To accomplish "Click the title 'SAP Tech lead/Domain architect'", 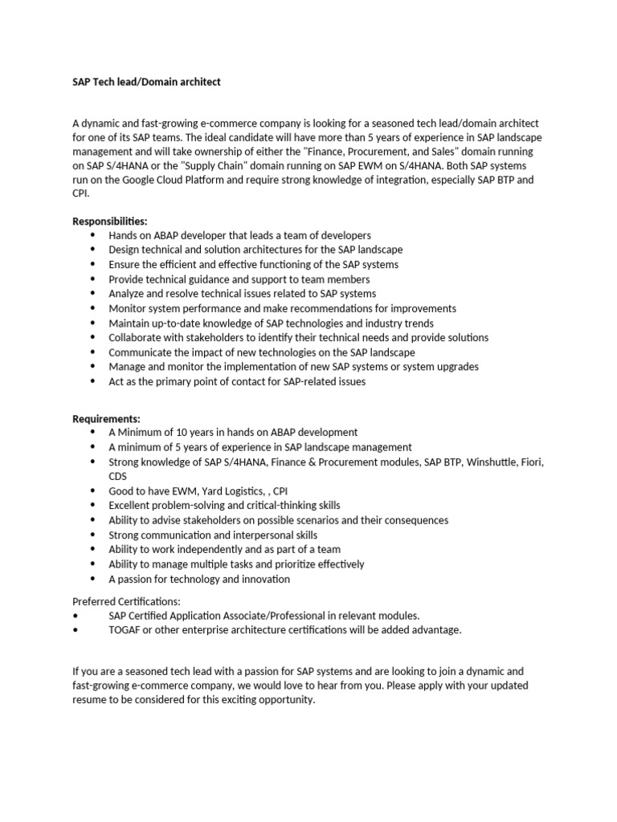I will pyautogui.click(x=146, y=82).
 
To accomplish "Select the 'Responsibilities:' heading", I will pyautogui.click(x=110, y=221).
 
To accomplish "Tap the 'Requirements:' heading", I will pyautogui.click(x=106, y=418).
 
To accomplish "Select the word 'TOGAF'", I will pyautogui.click(x=125, y=630).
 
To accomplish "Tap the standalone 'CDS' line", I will pyautogui.click(x=118, y=476).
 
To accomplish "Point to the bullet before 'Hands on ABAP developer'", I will pyautogui.click(x=93, y=235).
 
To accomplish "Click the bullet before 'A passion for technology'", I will pyautogui.click(x=93, y=579).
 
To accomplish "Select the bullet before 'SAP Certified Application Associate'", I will pyautogui.click(x=76, y=616).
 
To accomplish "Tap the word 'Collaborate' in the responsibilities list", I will pyautogui.click(x=136, y=338).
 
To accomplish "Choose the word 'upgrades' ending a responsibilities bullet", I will pyautogui.click(x=456, y=367).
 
